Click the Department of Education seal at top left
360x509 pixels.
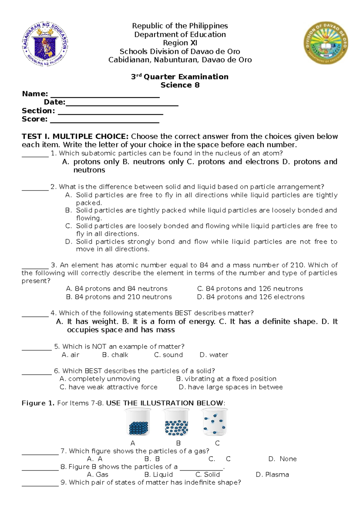pos(45,44)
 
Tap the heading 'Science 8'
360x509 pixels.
pos(180,85)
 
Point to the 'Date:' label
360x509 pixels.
pos(54,102)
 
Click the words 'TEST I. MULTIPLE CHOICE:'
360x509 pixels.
pos(75,137)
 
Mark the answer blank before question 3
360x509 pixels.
pos(35,266)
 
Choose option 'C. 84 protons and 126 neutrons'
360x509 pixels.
pos(250,289)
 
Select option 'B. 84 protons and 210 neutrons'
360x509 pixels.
pos(119,297)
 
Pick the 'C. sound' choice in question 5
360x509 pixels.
pos(168,355)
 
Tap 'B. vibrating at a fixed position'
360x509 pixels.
pos(226,379)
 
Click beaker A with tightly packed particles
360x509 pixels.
pos(138,423)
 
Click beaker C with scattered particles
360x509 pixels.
pos(214,422)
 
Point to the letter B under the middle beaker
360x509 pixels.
pos(178,443)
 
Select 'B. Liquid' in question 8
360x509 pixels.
pos(158,474)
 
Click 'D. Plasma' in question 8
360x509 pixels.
pos(272,474)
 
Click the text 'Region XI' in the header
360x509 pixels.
pos(180,43)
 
